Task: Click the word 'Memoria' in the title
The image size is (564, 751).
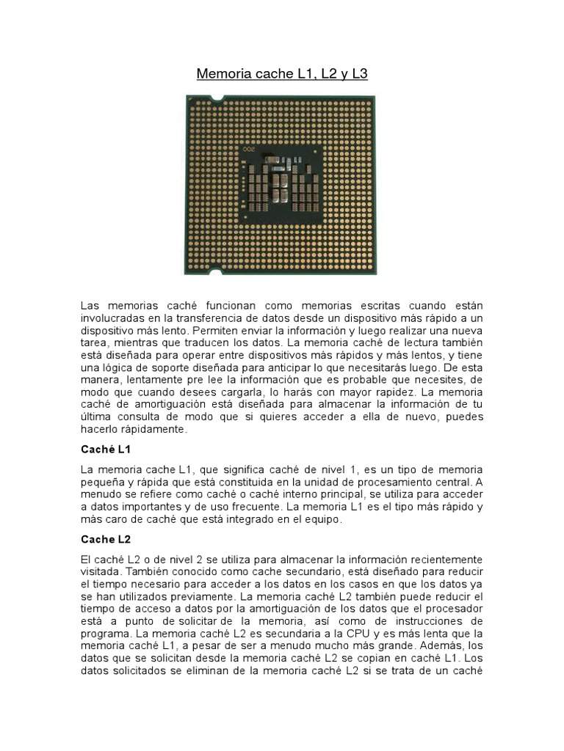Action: click(219, 74)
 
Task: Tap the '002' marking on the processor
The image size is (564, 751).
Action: click(254, 149)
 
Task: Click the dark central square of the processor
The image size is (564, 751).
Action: click(282, 183)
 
